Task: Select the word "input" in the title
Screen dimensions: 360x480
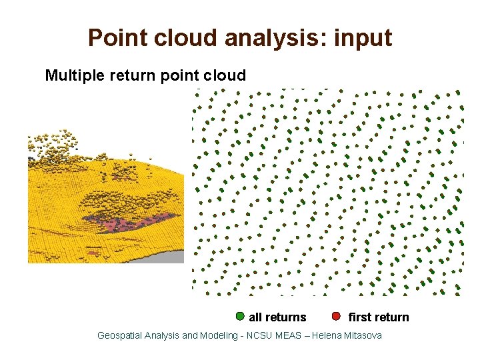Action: click(x=363, y=38)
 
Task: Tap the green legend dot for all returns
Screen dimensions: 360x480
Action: click(x=240, y=316)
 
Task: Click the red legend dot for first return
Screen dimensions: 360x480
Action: click(x=337, y=316)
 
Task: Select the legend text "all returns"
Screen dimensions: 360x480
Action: click(x=277, y=317)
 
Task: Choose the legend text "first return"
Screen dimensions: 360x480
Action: click(x=379, y=317)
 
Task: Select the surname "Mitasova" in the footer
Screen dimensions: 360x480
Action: click(x=363, y=335)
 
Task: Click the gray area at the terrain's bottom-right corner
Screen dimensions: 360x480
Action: click(x=160, y=256)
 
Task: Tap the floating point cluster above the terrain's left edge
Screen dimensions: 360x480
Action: click(x=50, y=147)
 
